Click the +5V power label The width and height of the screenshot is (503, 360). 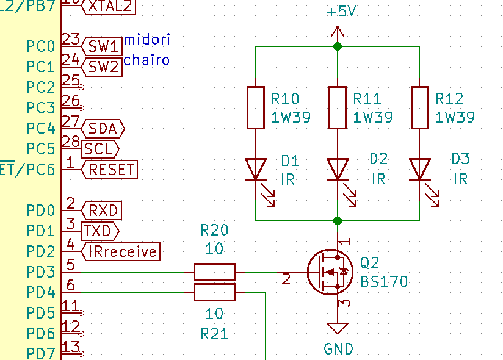pyautogui.click(x=341, y=12)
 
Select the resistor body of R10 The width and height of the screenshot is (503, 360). pyautogui.click(x=255, y=107)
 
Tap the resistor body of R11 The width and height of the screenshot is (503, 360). pyautogui.click(x=338, y=107)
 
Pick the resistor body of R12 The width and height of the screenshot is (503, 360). pyautogui.click(x=419, y=107)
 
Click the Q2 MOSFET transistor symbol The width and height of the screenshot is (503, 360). pyautogui.click(x=330, y=272)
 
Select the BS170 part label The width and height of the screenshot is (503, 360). pyautogui.click(x=384, y=282)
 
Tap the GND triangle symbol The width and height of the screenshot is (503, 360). pyautogui.click(x=338, y=328)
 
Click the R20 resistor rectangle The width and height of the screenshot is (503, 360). pyautogui.click(x=215, y=272)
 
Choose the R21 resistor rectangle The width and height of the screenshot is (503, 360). pyautogui.click(x=215, y=292)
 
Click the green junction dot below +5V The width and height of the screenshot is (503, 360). pyautogui.click(x=338, y=46)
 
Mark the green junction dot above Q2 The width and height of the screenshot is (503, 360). pyautogui.click(x=338, y=221)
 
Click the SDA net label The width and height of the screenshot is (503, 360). pyautogui.click(x=103, y=129)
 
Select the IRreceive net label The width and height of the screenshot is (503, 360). pyautogui.click(x=121, y=251)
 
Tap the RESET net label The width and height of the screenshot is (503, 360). pyautogui.click(x=109, y=170)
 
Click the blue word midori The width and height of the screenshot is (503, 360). pyautogui.click(x=147, y=40)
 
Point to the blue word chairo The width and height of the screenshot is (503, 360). pyautogui.click(x=147, y=60)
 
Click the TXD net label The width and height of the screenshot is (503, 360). pyautogui.click(x=100, y=231)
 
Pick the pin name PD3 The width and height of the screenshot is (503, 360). pyautogui.click(x=41, y=272)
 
